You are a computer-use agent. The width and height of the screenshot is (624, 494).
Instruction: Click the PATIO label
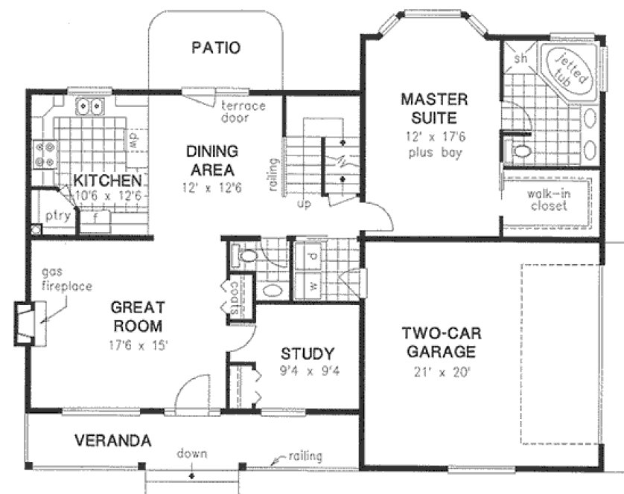tap(216, 48)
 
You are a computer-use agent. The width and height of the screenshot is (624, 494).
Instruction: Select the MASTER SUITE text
tap(433, 108)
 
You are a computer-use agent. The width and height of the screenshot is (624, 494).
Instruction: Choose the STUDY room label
tap(308, 353)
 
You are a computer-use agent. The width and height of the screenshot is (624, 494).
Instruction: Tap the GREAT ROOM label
tap(136, 316)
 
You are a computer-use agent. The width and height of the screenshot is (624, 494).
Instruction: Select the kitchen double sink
tap(92, 108)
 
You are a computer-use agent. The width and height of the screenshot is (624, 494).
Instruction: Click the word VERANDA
tap(113, 440)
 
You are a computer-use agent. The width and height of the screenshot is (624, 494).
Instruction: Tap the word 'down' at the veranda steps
tap(192, 453)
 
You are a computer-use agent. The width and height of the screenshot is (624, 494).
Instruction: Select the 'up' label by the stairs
tap(303, 202)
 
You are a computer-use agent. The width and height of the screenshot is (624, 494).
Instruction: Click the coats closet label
tap(235, 298)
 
